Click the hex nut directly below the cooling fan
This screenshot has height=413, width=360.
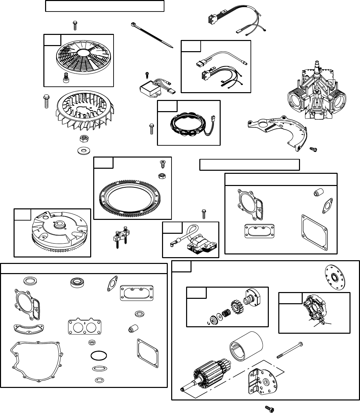pyautogui.click(x=82, y=139)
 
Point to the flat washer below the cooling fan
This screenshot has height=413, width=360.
pyautogui.click(x=82, y=150)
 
